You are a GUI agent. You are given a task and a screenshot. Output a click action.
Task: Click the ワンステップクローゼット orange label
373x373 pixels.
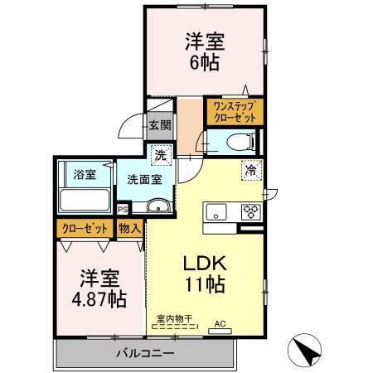pyautogui.click(x=235, y=112)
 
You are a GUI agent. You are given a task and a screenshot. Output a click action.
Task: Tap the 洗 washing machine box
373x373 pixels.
pyautogui.click(x=162, y=153)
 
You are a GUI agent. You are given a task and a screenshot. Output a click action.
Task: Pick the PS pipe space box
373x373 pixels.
pyautogui.click(x=122, y=210)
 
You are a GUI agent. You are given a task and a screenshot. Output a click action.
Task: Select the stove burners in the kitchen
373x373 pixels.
pyautogui.click(x=249, y=211)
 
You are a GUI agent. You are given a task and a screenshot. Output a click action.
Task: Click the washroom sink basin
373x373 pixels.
pyautogui.click(x=157, y=206)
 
